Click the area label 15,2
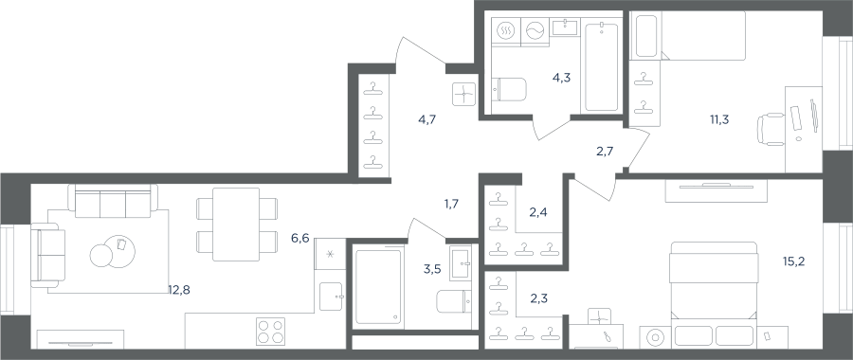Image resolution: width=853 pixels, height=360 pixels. tap(808, 261)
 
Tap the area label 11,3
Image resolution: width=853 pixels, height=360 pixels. tap(719, 119)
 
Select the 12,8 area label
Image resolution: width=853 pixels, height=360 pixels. tap(179, 290)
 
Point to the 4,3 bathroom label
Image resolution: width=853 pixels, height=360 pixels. tap(561, 78)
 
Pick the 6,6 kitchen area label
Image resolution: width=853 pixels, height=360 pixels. tap(299, 238)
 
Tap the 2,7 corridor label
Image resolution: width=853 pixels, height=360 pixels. tap(605, 152)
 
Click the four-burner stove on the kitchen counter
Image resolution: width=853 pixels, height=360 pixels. tap(270, 330)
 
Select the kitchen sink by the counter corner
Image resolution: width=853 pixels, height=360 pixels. tap(331, 297)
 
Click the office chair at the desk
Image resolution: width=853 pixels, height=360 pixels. tap(771, 130)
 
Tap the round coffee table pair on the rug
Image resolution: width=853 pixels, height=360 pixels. tap(113, 252)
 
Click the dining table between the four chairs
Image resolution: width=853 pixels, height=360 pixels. tap(236, 224)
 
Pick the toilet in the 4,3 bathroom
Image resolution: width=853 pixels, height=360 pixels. tap(509, 89)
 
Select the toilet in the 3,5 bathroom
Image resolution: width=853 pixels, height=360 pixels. tap(454, 302)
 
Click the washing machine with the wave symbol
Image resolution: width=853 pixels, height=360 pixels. tap(535, 32)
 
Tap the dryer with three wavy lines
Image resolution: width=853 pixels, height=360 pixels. tap(506, 32)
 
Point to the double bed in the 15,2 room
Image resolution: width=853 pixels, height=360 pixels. tap(714, 295)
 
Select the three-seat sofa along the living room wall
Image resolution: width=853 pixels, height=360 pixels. tap(113, 198)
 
